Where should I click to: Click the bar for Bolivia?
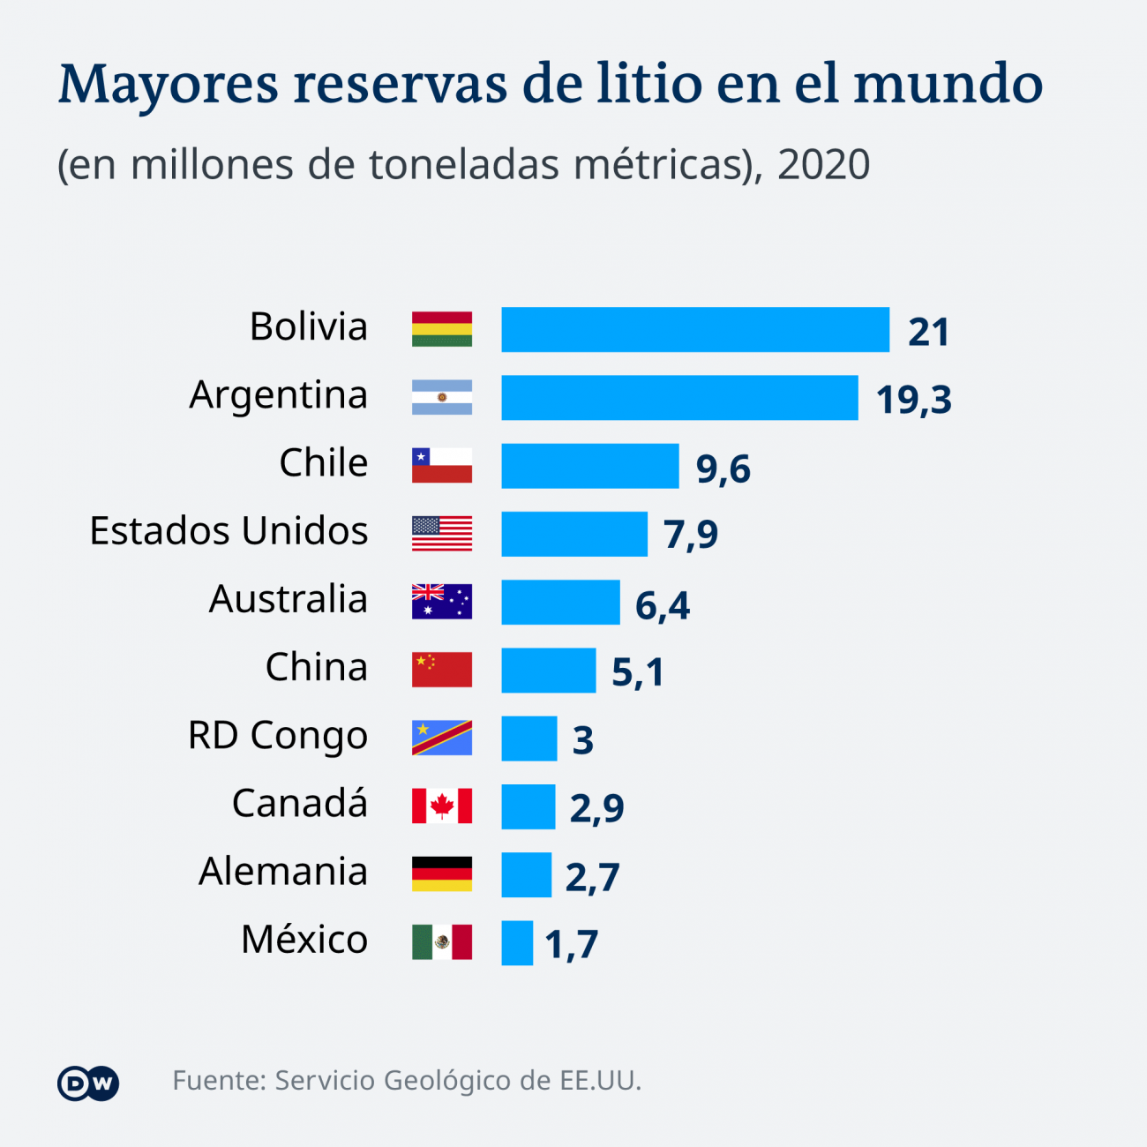[695, 330]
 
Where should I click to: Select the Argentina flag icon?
[442, 397]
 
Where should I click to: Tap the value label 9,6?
[723, 469]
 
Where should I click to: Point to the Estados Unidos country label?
[229, 531]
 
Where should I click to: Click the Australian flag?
[442, 602]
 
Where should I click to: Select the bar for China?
[549, 671]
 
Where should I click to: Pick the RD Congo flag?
[442, 738]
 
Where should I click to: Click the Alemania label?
[282, 872]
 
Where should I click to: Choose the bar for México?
[517, 943]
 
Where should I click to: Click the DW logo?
[88, 1083]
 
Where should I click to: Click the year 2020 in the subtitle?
[823, 165]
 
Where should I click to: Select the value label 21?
[928, 333]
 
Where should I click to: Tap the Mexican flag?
[442, 942]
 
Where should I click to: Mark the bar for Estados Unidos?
[574, 534]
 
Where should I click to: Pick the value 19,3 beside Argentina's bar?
[913, 401]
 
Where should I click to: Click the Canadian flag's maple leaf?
[442, 806]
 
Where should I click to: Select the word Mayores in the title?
[169, 86]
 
